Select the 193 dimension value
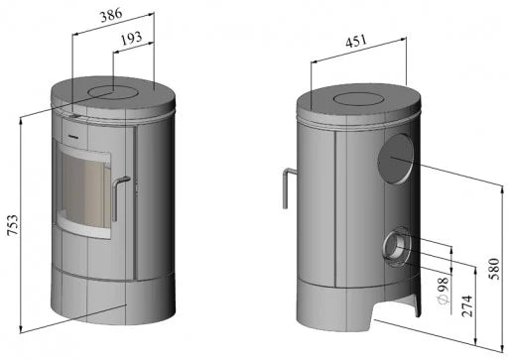coord(127,38)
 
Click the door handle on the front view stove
coord(118,198)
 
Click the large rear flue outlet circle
coord(395,160)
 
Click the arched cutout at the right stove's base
coord(391,316)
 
